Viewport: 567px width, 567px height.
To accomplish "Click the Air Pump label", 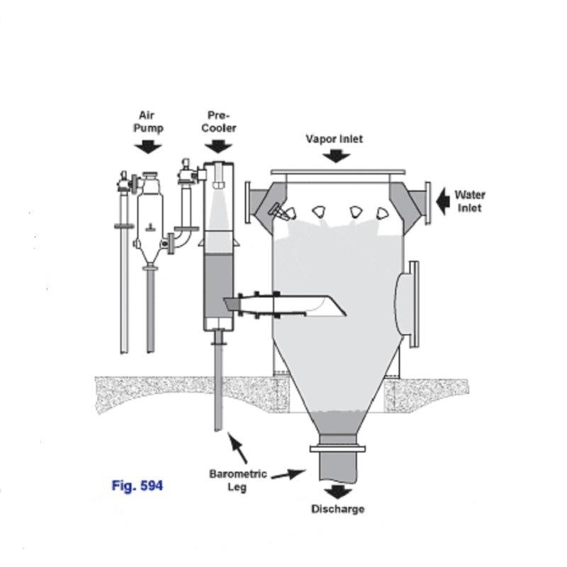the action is [x=148, y=122].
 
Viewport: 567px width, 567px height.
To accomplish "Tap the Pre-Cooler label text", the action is [x=219, y=122].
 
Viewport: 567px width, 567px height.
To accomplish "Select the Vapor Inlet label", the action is [x=334, y=139].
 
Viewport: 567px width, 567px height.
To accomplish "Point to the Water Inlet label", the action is [x=470, y=201].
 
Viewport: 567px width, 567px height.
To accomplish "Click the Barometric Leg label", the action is [x=238, y=481].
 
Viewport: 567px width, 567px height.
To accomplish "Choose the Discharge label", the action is [x=338, y=509].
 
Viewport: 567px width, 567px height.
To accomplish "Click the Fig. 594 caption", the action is [x=137, y=485].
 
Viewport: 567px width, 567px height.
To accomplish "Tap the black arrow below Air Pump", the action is [x=148, y=147].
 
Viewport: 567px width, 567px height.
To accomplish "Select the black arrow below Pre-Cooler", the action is [x=218, y=147].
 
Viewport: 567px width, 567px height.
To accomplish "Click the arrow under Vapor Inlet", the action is [x=336, y=156].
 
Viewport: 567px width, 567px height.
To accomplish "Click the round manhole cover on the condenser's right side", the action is [x=407, y=305].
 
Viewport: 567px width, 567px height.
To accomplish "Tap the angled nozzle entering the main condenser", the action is [x=285, y=306].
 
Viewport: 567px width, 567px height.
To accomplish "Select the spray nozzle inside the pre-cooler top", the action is [x=218, y=176].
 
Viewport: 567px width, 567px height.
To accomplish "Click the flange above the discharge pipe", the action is [x=338, y=449].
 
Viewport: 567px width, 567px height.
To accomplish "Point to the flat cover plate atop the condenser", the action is [x=338, y=172].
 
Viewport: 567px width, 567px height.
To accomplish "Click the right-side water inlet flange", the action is [x=428, y=203].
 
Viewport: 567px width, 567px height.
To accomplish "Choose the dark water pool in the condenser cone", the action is [x=338, y=422].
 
